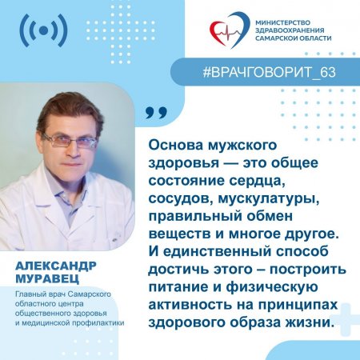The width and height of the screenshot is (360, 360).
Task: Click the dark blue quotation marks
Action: (x=157, y=114)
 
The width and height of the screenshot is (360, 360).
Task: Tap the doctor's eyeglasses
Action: (x=70, y=140)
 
